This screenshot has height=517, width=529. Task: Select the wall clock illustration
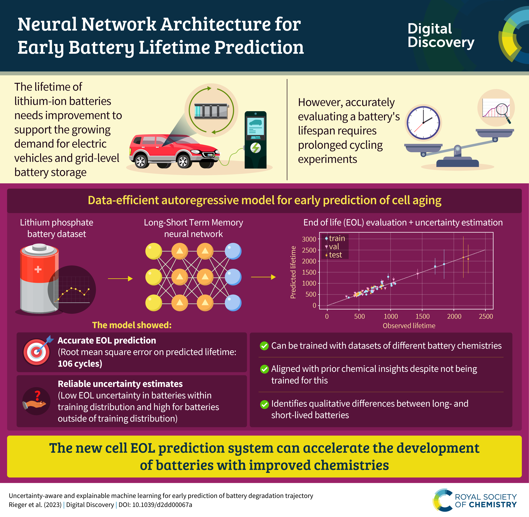tap(423, 123)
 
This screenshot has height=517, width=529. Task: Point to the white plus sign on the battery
tap(38, 269)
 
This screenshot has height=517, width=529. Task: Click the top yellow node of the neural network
tap(154, 251)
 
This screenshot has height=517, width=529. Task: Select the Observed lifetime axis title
tap(409, 326)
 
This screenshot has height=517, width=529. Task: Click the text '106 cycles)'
tap(80, 364)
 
